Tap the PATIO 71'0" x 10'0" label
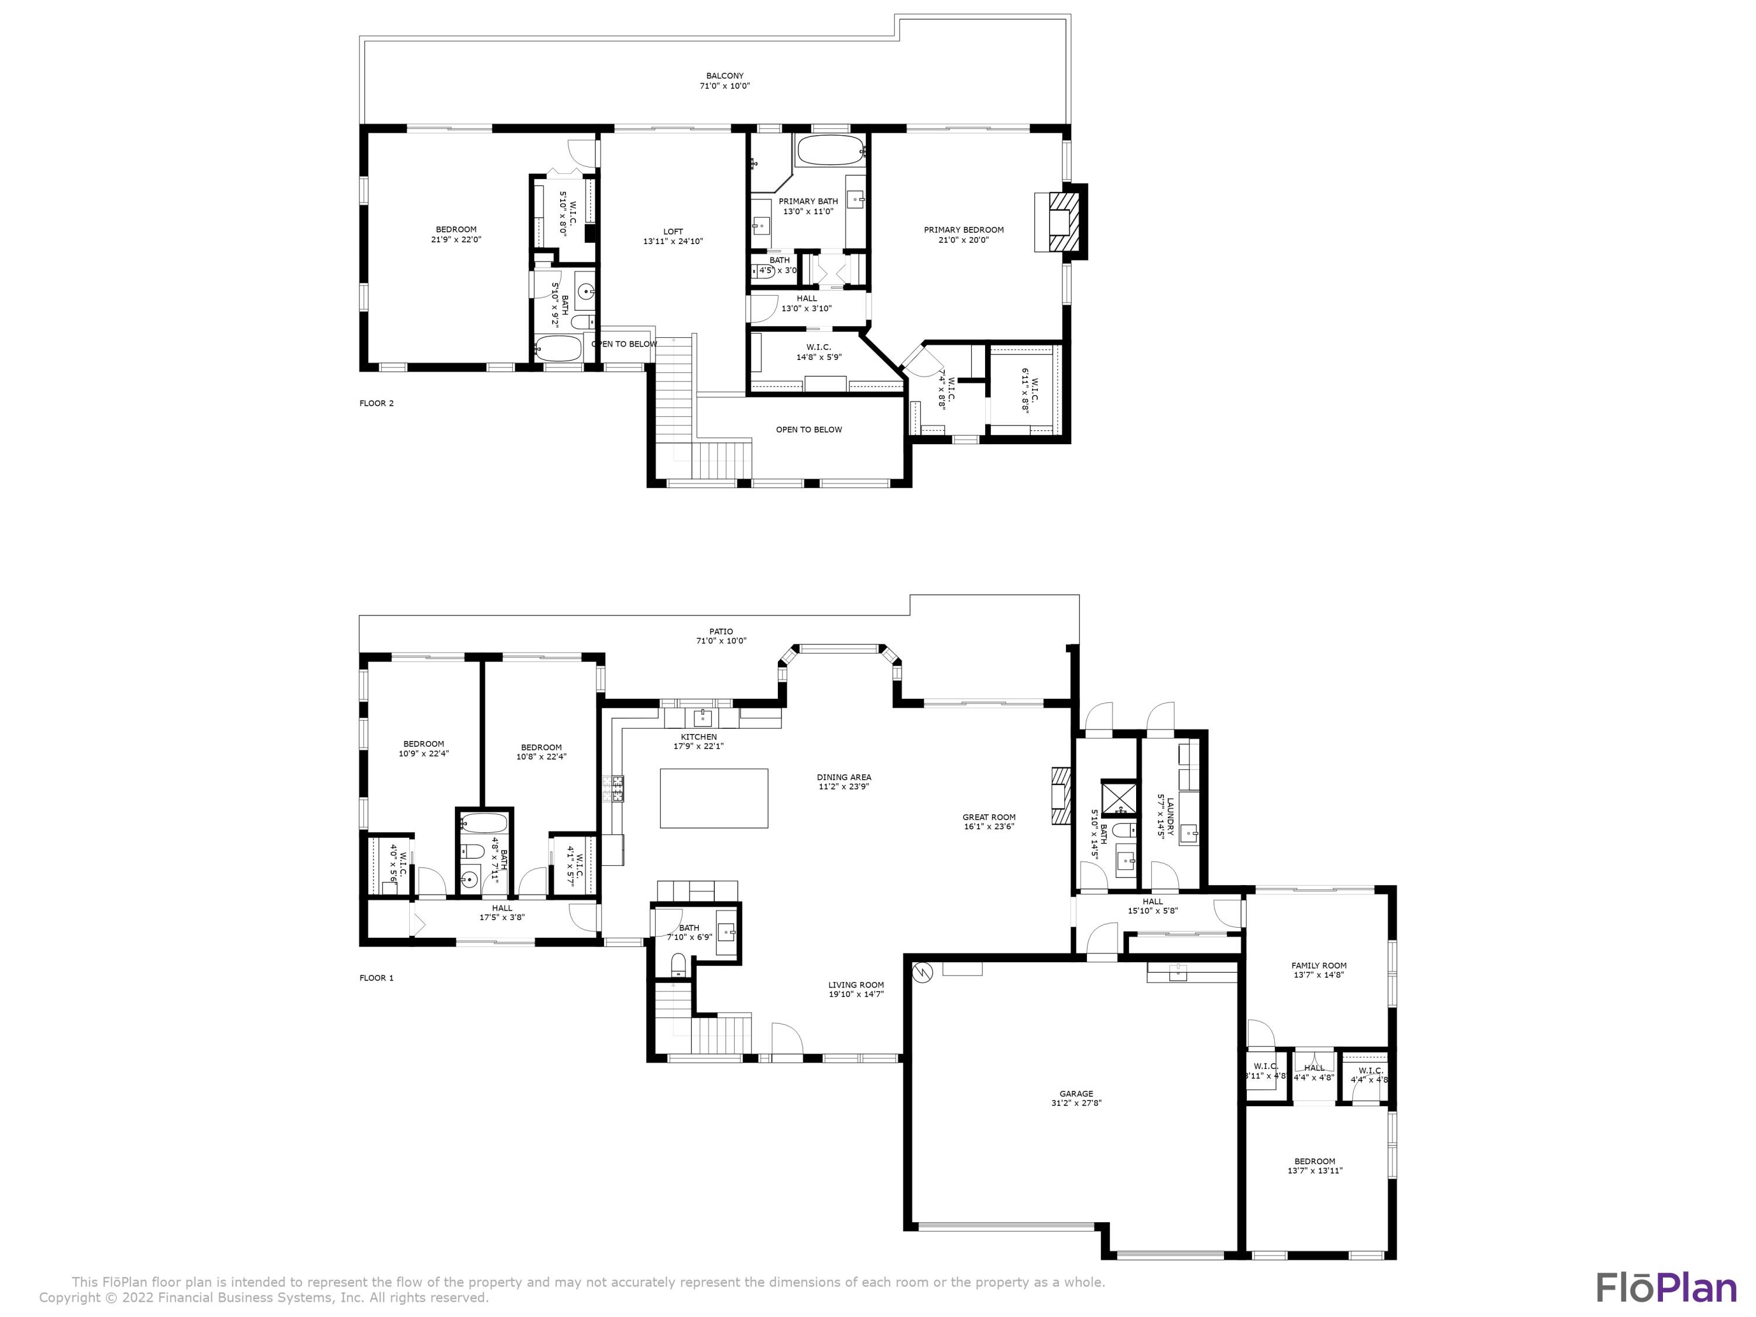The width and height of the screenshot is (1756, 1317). [x=721, y=636]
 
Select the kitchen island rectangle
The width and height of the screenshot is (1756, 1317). [x=714, y=798]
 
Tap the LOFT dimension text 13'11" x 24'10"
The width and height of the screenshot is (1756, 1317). [x=673, y=241]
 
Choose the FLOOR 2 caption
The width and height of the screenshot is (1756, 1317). [x=376, y=403]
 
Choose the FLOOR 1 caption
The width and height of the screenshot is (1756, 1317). [x=376, y=978]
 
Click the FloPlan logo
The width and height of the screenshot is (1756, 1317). [x=1665, y=1288]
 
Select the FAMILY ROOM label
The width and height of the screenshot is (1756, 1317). [x=1319, y=965]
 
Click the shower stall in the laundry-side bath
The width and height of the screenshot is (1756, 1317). [x=1119, y=798]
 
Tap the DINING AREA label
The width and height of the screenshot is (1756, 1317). [x=844, y=777]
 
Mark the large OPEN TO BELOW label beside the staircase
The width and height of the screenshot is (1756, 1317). [x=809, y=430]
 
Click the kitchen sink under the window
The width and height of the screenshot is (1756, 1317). [x=702, y=718]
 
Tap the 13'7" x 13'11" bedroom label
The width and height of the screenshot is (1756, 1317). [x=1315, y=1165]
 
